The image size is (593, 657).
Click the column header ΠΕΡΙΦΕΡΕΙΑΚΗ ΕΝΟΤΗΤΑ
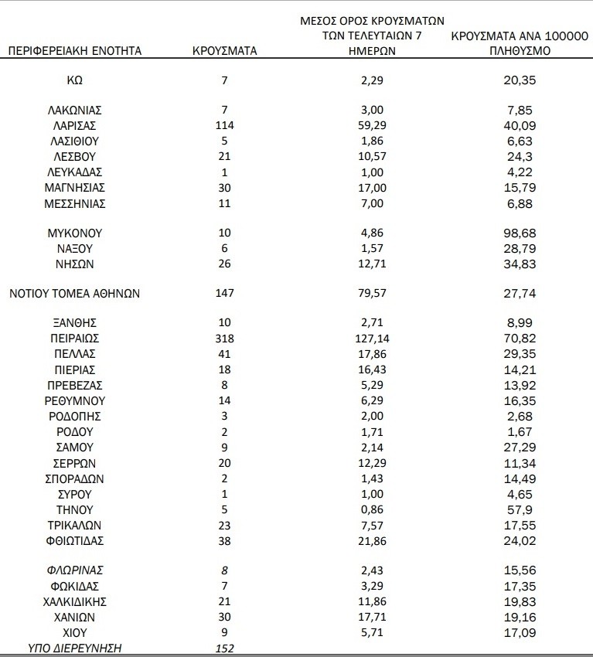click(x=75, y=52)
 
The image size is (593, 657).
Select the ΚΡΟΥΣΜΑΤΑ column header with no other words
click(x=224, y=52)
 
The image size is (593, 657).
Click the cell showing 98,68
click(x=519, y=233)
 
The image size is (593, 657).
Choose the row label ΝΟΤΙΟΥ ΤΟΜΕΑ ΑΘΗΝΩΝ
click(x=75, y=294)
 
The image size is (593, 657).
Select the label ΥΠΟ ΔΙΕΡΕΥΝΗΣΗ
click(x=76, y=648)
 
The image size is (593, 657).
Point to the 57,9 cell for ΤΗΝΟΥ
click(x=519, y=510)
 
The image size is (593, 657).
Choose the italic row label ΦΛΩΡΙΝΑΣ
click(x=76, y=570)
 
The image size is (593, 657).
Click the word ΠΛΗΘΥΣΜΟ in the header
click(x=519, y=52)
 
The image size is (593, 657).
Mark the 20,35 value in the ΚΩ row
click(x=519, y=80)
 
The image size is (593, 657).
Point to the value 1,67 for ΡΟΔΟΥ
click(x=519, y=432)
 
